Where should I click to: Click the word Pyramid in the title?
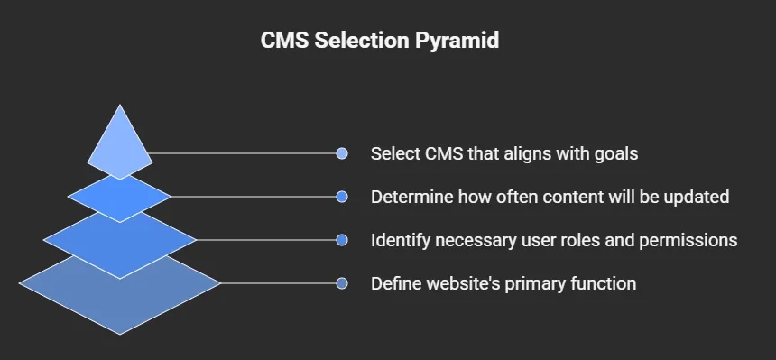(457, 41)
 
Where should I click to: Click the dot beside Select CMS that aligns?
(341, 153)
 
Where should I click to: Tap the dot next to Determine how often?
(341, 197)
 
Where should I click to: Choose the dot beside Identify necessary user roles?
(341, 240)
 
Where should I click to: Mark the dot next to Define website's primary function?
(341, 283)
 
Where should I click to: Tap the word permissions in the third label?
(688, 241)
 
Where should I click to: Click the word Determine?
(411, 197)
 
